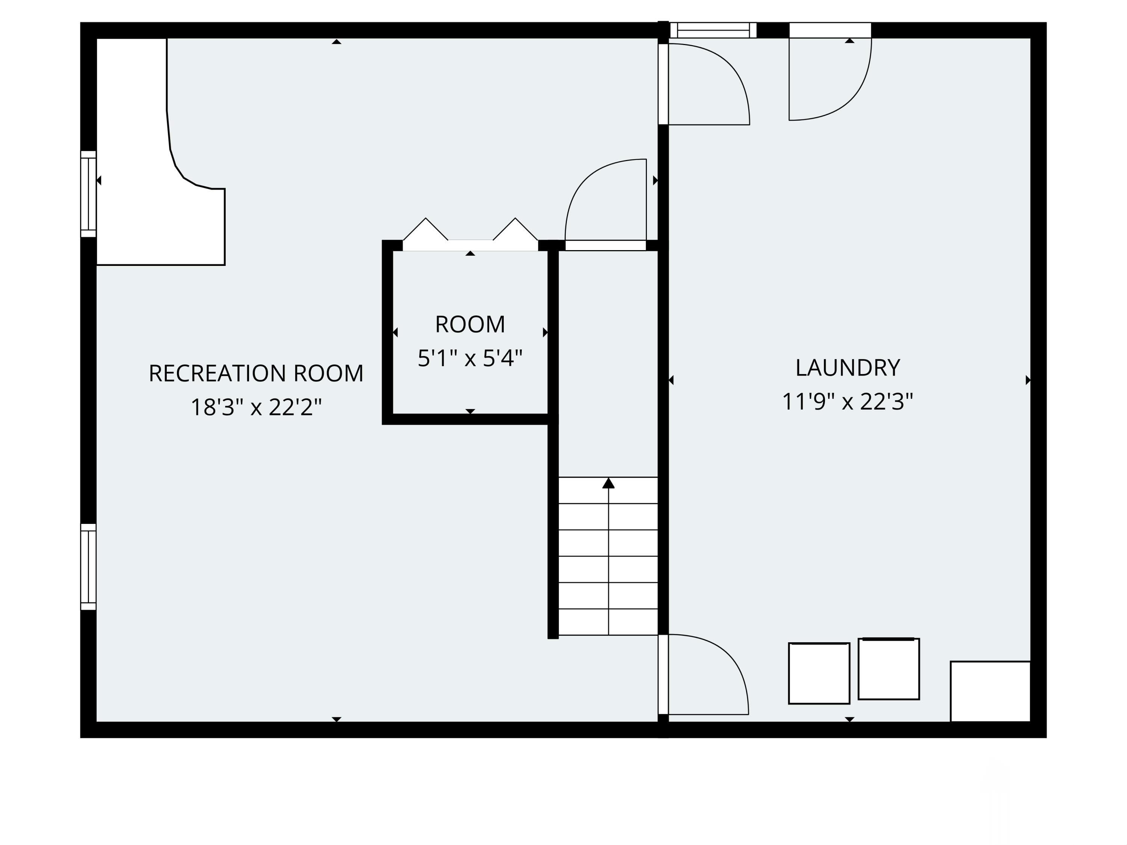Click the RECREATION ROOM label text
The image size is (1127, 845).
(x=256, y=373)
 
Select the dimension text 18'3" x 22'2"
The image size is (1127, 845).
(x=256, y=407)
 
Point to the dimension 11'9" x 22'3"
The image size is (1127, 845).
(x=847, y=402)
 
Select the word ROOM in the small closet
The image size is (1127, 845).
(x=470, y=324)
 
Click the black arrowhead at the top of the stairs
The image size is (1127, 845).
(x=608, y=483)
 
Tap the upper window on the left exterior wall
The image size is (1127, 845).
(x=88, y=194)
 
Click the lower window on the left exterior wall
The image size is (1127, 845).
(x=88, y=567)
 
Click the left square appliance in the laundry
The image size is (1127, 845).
(x=819, y=673)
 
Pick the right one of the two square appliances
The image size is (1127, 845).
(x=888, y=669)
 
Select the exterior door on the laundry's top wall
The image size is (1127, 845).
(x=829, y=76)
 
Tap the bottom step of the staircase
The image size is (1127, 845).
(x=608, y=622)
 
